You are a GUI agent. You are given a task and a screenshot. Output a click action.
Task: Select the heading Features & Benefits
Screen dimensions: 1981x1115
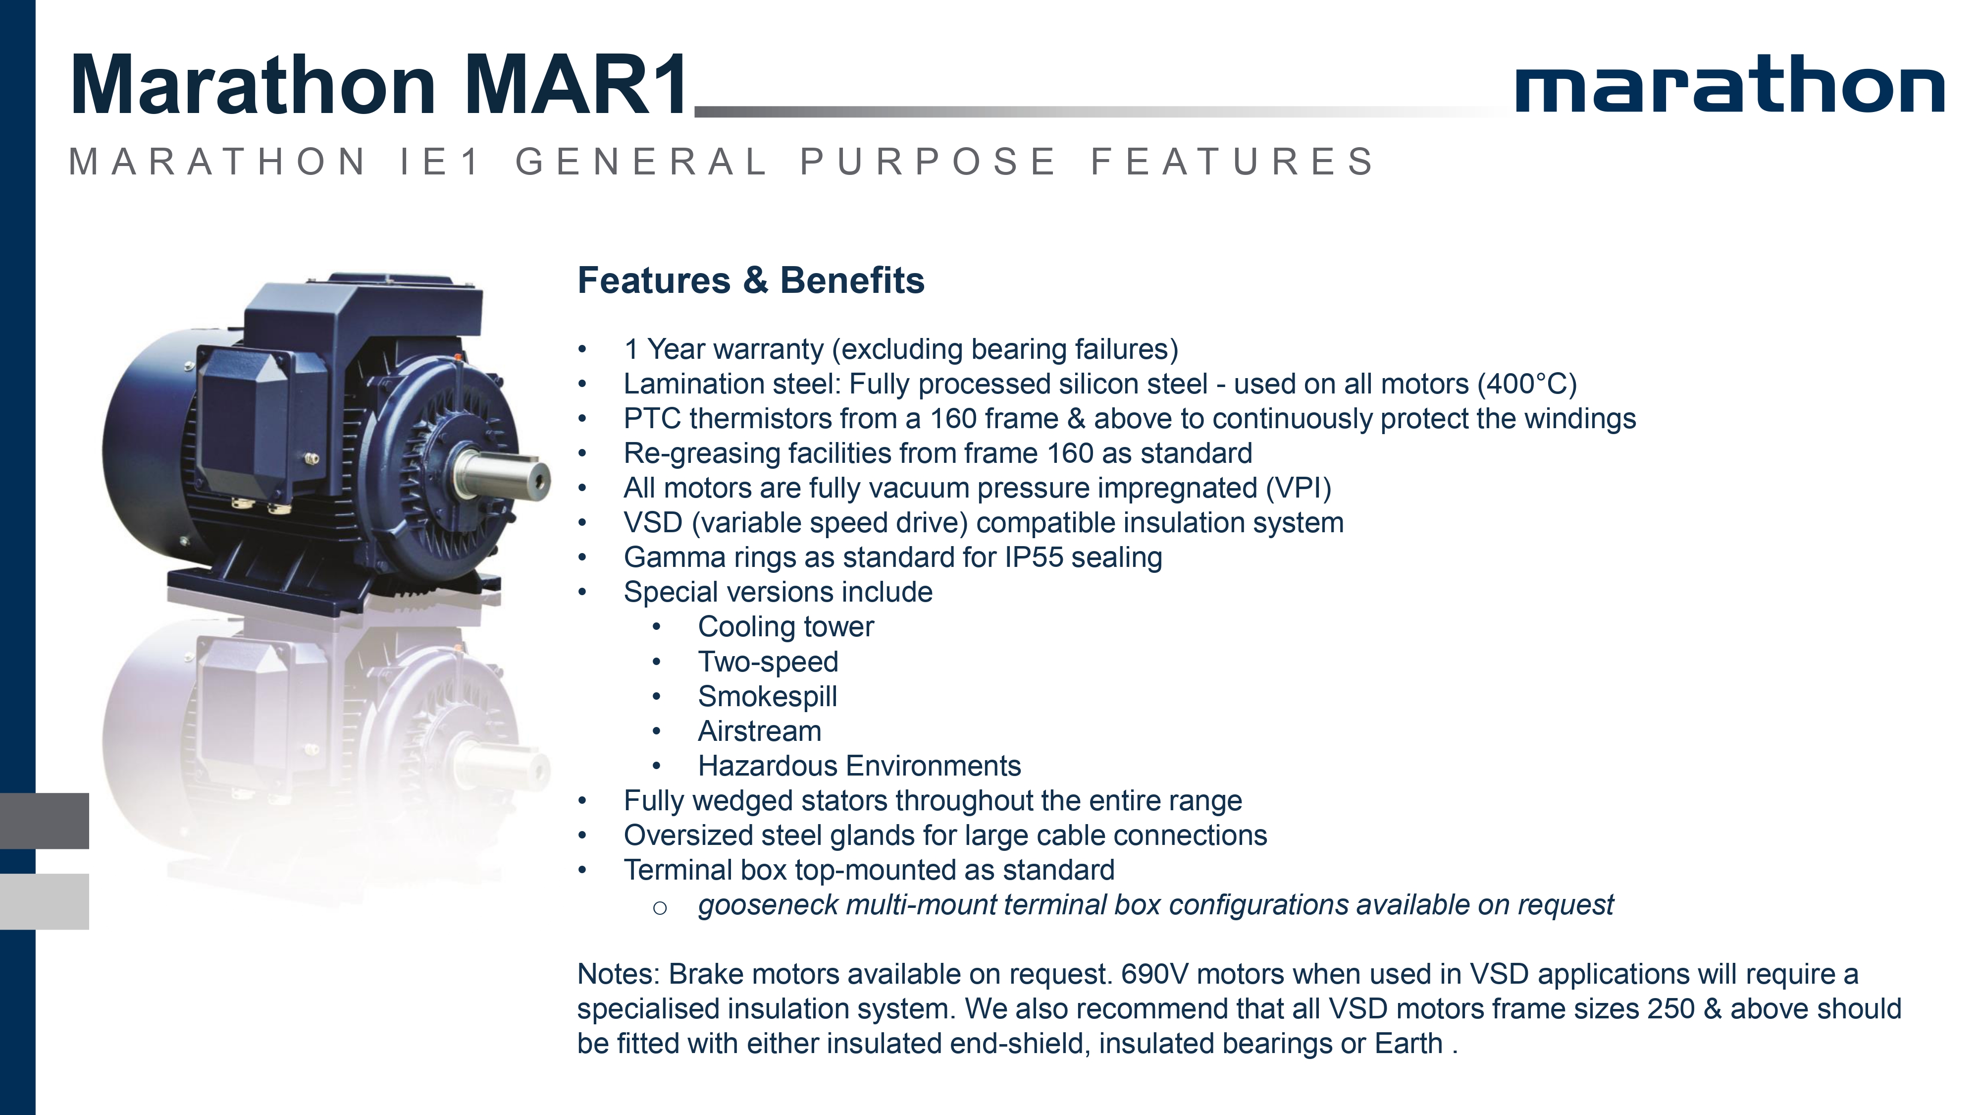point(751,280)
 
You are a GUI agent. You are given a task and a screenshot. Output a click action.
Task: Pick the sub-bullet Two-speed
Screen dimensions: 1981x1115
point(768,662)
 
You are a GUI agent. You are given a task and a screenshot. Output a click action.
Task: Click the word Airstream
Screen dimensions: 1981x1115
point(760,731)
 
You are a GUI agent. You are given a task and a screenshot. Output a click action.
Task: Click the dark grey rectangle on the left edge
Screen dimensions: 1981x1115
point(45,821)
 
